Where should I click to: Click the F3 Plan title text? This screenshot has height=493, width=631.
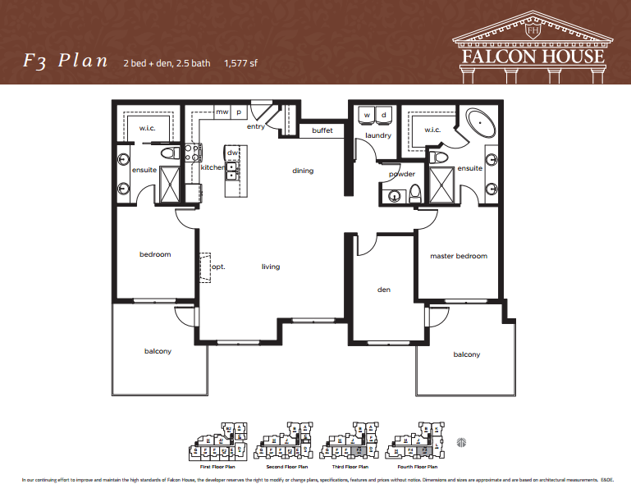pyautogui.click(x=63, y=63)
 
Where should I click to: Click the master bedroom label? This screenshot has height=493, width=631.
pyautogui.click(x=459, y=256)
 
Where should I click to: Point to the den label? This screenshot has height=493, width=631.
pyautogui.click(x=384, y=290)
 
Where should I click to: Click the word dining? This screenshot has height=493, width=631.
pyautogui.click(x=303, y=171)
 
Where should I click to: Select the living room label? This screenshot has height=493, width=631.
pyautogui.click(x=272, y=267)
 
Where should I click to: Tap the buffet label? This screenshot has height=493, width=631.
pyautogui.click(x=322, y=130)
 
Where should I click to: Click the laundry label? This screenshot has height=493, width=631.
pyautogui.click(x=378, y=135)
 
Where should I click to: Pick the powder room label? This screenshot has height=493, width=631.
pyautogui.click(x=401, y=174)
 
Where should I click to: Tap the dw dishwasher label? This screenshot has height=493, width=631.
pyautogui.click(x=232, y=153)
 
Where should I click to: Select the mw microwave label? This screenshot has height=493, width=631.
pyautogui.click(x=222, y=112)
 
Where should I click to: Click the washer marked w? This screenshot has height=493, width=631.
pyautogui.click(x=367, y=114)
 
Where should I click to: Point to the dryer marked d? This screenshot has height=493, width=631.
pyautogui.click(x=384, y=114)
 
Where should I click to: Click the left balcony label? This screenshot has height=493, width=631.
pyautogui.click(x=158, y=351)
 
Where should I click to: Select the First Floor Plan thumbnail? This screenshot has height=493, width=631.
pyautogui.click(x=219, y=444)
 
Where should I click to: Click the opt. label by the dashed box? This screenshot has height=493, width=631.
pyautogui.click(x=218, y=267)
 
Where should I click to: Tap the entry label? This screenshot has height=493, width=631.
pyautogui.click(x=255, y=127)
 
